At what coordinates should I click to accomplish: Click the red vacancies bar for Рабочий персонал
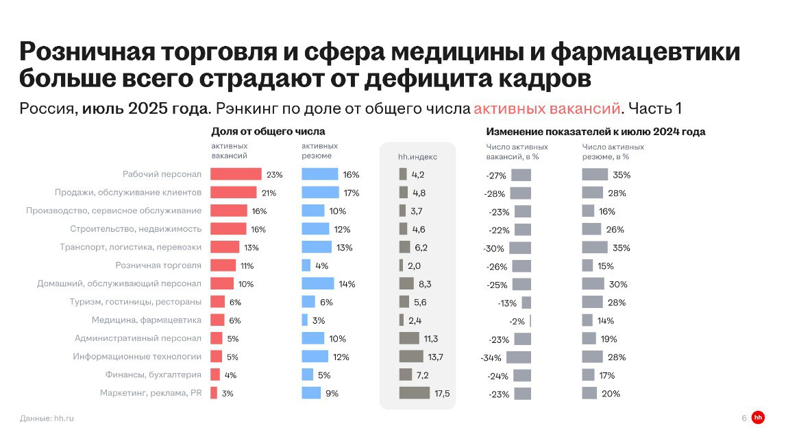pyautogui.click(x=235, y=174)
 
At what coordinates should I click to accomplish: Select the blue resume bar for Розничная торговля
pyautogui.click(x=306, y=265)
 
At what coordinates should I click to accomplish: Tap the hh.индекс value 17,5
pyautogui.click(x=442, y=393)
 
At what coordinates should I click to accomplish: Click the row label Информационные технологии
pyautogui.click(x=137, y=357)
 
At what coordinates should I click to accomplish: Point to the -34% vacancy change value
pyautogui.click(x=491, y=357)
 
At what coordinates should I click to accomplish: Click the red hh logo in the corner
pyautogui.click(x=758, y=418)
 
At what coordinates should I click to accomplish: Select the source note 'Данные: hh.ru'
pyautogui.click(x=47, y=418)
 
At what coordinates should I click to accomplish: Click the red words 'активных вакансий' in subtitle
pyautogui.click(x=547, y=108)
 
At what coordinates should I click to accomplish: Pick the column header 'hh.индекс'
pyautogui.click(x=417, y=157)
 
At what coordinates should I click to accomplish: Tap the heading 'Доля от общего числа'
pyautogui.click(x=268, y=131)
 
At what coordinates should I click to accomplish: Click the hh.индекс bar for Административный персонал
pyautogui.click(x=408, y=338)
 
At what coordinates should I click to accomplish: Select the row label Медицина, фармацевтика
pyautogui.click(x=146, y=320)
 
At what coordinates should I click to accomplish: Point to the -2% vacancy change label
pyautogui.click(x=517, y=321)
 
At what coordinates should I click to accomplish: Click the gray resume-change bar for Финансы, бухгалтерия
pyautogui.click(x=588, y=375)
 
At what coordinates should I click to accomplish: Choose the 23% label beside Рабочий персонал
pyautogui.click(x=274, y=175)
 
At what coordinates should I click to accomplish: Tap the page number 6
pyautogui.click(x=744, y=418)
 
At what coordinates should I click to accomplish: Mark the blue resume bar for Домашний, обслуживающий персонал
pyautogui.click(x=317, y=284)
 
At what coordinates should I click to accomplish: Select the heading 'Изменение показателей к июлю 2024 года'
pyautogui.click(x=595, y=131)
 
